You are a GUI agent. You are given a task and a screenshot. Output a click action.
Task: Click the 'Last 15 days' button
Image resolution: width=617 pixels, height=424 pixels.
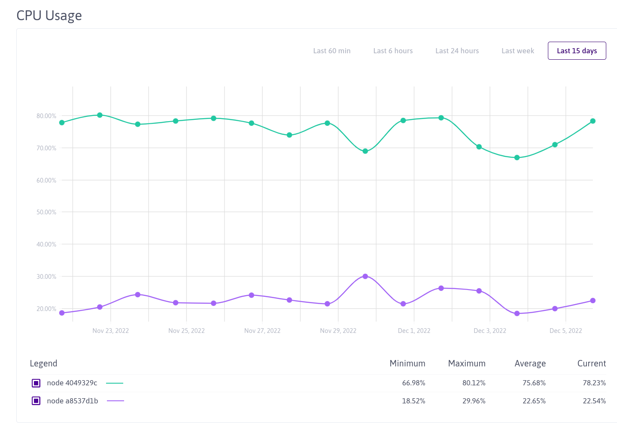point(577,51)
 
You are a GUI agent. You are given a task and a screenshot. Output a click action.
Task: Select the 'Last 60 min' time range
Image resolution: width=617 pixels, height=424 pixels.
point(331,51)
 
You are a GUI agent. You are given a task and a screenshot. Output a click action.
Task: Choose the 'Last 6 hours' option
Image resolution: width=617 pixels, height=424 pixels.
point(393,51)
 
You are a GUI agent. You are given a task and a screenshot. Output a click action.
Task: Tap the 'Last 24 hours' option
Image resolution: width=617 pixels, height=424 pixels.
point(457,51)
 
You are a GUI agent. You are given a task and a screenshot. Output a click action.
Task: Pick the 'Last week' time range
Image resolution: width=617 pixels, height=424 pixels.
point(517,51)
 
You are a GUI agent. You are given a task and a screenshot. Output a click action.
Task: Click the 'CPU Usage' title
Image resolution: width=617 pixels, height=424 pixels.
point(49,15)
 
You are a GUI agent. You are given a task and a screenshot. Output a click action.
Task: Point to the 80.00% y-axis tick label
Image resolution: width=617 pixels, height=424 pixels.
point(46,116)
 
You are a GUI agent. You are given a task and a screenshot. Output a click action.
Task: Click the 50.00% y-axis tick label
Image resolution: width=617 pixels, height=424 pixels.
point(46,212)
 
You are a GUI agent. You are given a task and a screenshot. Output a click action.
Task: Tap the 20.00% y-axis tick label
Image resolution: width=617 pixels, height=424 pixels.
point(46,309)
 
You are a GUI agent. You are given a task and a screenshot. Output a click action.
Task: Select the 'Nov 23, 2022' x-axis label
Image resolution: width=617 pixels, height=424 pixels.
point(110,331)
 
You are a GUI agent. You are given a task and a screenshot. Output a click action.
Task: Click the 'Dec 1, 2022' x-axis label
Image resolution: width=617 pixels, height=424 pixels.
point(414,331)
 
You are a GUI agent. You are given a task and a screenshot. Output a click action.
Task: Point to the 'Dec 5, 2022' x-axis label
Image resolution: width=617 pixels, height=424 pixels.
point(565,331)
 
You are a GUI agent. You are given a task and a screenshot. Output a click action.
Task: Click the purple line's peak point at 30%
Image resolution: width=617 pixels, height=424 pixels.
point(365,276)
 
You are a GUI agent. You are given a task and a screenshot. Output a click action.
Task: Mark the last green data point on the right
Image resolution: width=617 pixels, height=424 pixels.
point(593,121)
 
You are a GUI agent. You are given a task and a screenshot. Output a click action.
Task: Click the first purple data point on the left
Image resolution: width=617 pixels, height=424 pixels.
point(62,313)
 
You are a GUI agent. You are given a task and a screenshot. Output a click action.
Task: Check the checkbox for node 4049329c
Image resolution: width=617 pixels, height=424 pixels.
point(36,383)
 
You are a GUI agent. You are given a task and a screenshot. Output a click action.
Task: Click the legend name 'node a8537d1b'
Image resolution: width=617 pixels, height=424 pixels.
point(72,401)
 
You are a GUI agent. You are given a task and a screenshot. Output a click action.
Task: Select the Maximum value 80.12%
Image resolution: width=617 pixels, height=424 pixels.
point(474,383)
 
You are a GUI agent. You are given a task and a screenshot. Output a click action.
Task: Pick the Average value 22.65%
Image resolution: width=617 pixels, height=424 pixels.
point(534,401)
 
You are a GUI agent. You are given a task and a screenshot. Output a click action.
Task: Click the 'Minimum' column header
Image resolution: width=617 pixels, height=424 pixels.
point(407,363)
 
